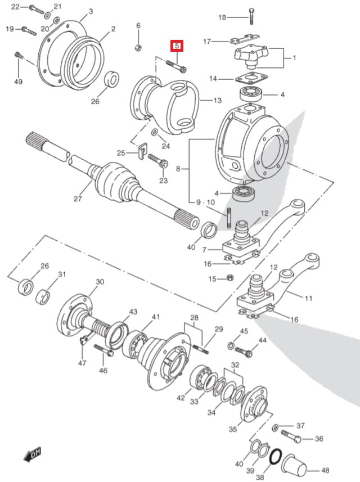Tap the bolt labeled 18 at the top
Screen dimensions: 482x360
251,17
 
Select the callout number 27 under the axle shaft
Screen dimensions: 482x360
78,199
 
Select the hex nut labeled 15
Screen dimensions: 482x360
230,278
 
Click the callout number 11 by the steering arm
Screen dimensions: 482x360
308,298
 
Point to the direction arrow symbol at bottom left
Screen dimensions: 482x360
33,452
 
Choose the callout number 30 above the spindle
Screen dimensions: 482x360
100,281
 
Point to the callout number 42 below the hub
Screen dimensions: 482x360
180,398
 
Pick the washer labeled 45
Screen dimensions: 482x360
231,345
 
